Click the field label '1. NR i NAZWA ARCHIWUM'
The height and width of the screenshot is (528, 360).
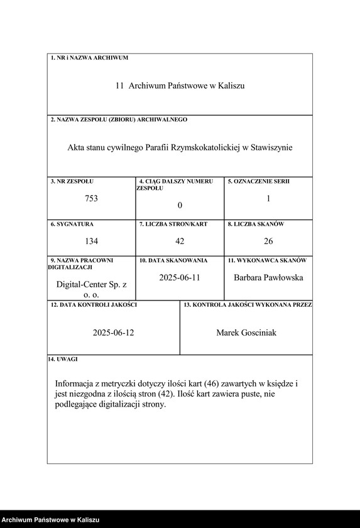coord(89,58)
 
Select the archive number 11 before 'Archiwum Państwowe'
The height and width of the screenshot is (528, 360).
coord(119,85)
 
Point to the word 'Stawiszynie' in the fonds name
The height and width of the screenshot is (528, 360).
coord(271,148)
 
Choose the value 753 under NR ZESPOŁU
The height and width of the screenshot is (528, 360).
coord(92,199)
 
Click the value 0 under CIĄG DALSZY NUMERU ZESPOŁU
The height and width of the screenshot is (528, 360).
coord(180,206)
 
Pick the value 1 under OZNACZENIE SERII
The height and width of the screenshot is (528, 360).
coord(268,199)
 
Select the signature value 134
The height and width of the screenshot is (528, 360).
coord(92,241)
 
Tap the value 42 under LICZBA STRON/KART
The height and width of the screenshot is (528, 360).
coord(180,241)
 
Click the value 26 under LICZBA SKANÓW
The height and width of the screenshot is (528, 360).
coord(268,241)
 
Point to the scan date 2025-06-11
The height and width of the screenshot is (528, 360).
coord(179,277)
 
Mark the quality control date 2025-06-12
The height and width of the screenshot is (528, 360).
coord(113,333)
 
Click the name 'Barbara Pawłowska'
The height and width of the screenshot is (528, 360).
coord(268,277)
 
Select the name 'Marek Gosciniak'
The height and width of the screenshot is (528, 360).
coord(246,333)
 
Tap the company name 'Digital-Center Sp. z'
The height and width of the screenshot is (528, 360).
coord(92,285)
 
